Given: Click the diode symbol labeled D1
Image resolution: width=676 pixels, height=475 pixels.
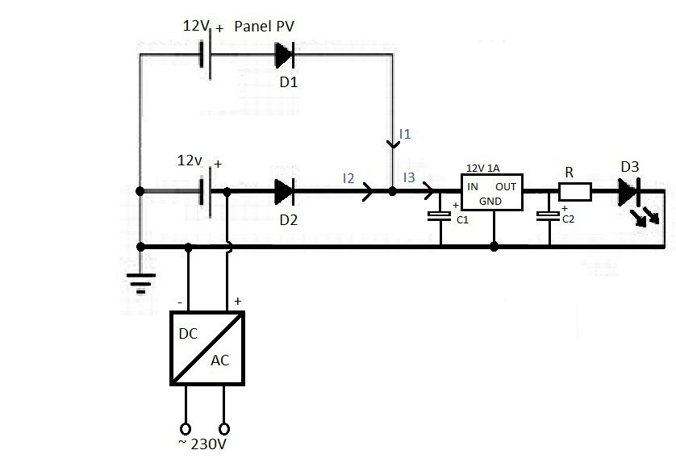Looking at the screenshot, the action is click(285, 55).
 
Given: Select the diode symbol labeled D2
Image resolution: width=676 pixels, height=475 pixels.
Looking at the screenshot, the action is click(285, 191).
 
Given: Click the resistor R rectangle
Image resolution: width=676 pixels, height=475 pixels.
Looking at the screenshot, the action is click(575, 191).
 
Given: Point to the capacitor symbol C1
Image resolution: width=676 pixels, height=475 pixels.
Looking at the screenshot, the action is click(440, 216).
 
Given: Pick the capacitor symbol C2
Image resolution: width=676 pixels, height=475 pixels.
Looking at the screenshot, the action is click(548, 216).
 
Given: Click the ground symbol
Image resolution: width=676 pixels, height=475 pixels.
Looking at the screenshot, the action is click(140, 282).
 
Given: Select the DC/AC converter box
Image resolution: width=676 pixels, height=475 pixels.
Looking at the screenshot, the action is click(207, 348).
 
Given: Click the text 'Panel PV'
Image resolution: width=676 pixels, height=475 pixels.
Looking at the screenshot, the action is click(264, 27).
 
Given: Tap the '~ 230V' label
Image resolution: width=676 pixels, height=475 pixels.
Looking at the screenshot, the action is click(202, 444).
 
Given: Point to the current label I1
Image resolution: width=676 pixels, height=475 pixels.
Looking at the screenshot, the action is click(405, 134).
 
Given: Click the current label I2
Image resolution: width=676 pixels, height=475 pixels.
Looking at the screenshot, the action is click(348, 178).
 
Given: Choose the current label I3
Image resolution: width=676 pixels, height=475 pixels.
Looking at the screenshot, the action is click(409, 177).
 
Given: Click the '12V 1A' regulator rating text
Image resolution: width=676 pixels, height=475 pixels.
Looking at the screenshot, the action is click(483, 168).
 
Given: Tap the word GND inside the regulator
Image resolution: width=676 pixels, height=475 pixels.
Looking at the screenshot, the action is click(490, 202).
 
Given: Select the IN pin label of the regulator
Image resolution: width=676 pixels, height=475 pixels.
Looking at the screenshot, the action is click(473, 186).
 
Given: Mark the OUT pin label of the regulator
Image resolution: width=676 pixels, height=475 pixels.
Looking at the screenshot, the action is click(506, 186).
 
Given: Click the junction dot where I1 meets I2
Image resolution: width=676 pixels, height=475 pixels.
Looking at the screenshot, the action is click(392, 191).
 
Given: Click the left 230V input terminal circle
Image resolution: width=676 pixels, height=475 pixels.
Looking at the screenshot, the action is click(186, 429).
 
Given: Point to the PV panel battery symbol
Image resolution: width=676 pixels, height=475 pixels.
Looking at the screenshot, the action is click(206, 55).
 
